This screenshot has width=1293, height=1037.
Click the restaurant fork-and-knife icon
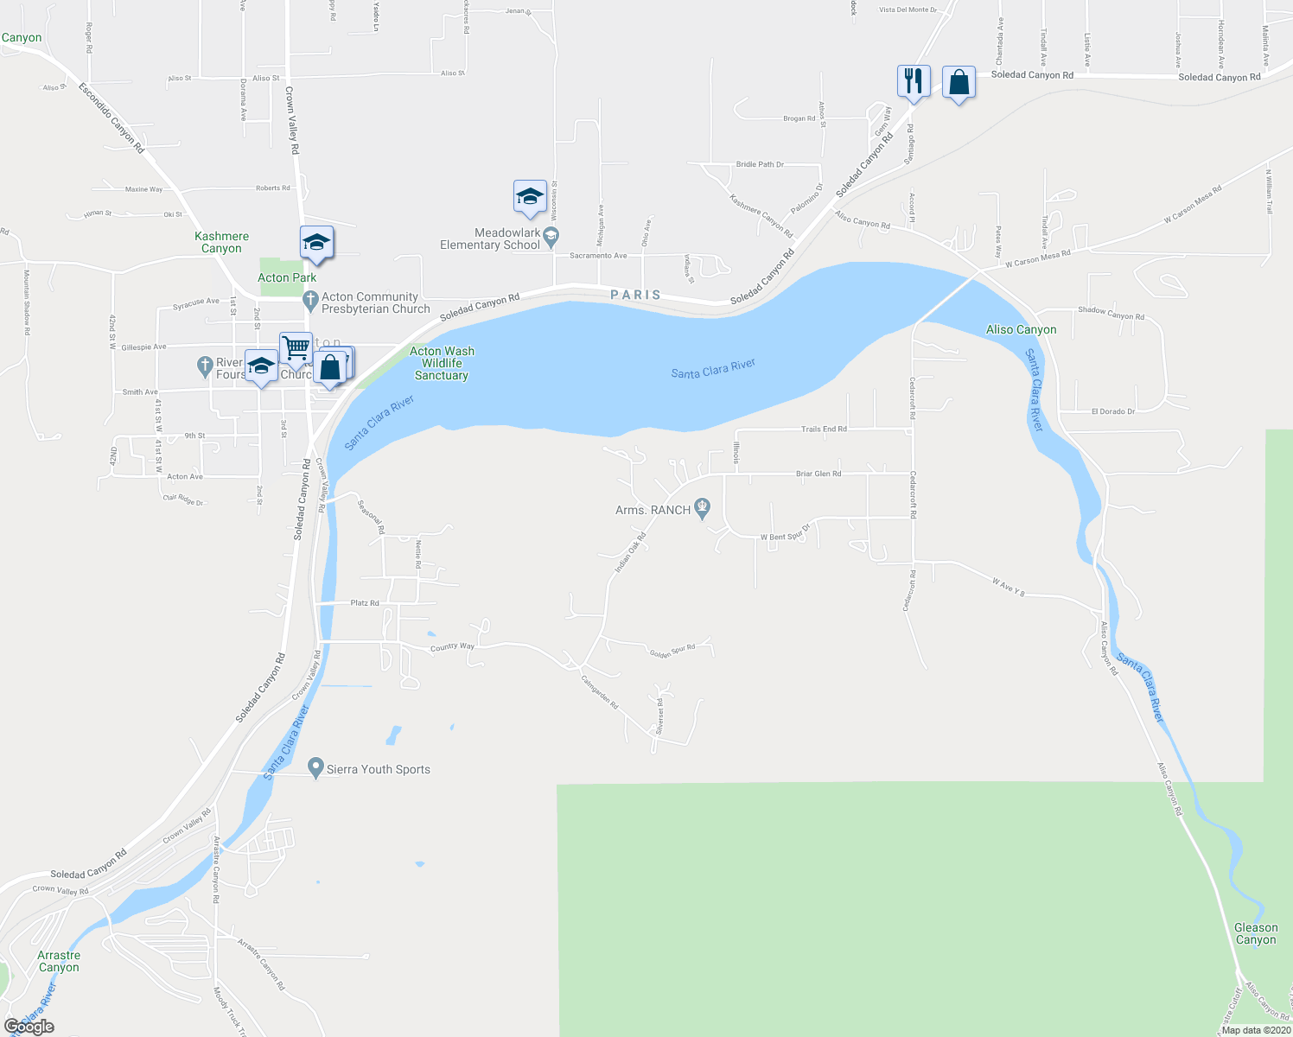pos(914,81)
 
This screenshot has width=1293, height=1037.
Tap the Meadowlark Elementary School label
pos(490,239)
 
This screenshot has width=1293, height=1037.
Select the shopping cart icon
pos(296,348)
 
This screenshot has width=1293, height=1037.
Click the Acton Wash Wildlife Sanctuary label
pos(442,363)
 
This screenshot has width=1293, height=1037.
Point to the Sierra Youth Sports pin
pos(316,767)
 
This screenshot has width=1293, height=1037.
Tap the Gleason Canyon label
pos(1255,933)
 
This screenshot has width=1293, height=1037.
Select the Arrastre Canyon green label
pos(59,961)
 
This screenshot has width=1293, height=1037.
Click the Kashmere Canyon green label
pos(221,242)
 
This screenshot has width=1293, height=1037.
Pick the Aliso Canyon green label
pos(1021,329)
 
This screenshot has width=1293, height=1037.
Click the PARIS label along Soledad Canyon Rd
pos(635,295)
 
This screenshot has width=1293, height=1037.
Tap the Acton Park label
pos(287,277)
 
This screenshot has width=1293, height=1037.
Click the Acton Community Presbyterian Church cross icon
pos(310,301)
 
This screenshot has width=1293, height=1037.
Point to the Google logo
pos(29,1027)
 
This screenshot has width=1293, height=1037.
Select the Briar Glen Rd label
pos(818,474)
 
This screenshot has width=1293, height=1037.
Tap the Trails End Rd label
pos(823,429)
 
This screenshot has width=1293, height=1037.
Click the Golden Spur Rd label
pos(672,651)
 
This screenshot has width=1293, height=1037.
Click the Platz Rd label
pos(364,603)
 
